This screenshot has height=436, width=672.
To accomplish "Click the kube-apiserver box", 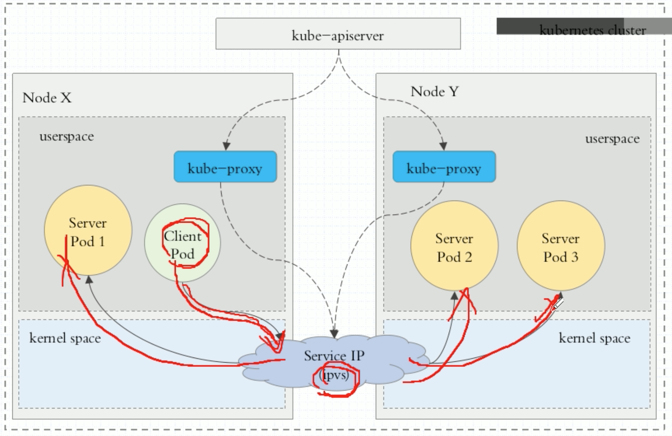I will pos(338,34).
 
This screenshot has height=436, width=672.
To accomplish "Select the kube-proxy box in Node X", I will pos(225,167).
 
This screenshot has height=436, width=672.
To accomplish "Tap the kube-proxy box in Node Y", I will pos(444,167).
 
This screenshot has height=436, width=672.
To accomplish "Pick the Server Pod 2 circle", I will pos(454,246).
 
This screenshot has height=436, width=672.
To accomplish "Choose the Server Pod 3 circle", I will pos(561,246).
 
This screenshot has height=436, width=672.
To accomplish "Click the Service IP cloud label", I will pos(334,355).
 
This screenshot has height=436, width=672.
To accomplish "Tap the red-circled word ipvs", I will pos(335,375).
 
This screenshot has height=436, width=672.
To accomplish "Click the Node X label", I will pos(47,98).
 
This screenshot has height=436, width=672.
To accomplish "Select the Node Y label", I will pos(435,91).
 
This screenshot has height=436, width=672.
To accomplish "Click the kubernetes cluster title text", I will pos(592,30).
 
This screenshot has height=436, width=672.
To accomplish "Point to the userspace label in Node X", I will pos(67,137).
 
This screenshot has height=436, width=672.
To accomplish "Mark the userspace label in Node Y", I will pos(612,139).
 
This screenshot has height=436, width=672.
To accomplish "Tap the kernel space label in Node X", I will pos(65,338).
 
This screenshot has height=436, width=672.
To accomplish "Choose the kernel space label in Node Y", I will pos(594,338).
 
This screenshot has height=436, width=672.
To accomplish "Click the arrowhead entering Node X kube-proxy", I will pos(227,146).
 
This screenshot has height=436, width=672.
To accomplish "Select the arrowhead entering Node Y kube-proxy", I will pos(443,146).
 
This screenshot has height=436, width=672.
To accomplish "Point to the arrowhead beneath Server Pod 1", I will pos(89,279).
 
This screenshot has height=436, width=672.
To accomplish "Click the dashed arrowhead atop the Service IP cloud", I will pos(334,334).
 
